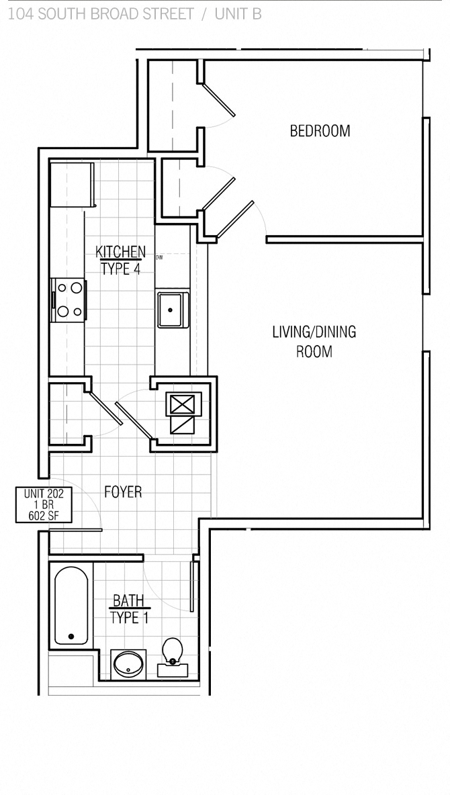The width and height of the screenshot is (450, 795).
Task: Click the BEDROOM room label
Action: pyautogui.click(x=320, y=130)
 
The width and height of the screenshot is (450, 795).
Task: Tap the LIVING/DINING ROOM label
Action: pyautogui.click(x=314, y=341)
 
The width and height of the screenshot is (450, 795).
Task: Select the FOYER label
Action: pyautogui.click(x=123, y=492)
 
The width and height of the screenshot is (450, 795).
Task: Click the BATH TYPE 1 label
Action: pyautogui.click(x=128, y=609)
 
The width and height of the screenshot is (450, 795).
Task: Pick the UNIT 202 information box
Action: pyautogui.click(x=44, y=504)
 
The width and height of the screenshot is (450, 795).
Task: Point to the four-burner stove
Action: pyautogui.click(x=69, y=299)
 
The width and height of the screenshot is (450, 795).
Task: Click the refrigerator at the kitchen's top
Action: pyautogui.click(x=71, y=185)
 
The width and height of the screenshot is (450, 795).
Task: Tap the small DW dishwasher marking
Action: pyautogui.click(x=159, y=257)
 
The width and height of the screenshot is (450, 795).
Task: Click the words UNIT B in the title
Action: pyautogui.click(x=238, y=13)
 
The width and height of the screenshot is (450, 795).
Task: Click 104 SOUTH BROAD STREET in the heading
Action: pyautogui.click(x=101, y=13)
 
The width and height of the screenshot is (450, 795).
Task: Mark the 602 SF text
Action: pyautogui.click(x=44, y=516)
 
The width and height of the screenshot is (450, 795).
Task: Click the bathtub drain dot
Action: pyautogui.click(x=71, y=636)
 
